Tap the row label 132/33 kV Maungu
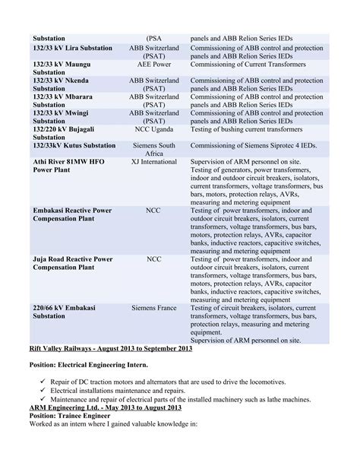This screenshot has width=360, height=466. (x=65, y=65)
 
